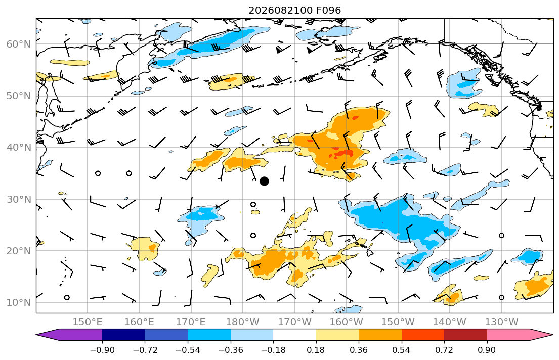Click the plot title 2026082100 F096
point(294,10)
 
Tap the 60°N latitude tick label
point(19,44)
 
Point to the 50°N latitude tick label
point(19,96)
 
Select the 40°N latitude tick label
point(19,148)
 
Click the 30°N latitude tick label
point(19,199)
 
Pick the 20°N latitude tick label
point(19,251)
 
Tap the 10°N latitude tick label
point(19,303)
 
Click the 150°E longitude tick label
point(88,322)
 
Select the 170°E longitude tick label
point(191,322)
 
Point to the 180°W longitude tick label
point(243,322)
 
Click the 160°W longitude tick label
point(346,322)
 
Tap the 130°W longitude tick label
point(502,322)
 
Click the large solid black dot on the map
point(264,182)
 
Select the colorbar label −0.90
point(102,350)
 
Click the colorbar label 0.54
point(402,350)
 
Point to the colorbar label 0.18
point(316,350)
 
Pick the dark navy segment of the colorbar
point(123,335)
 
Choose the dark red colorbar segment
point(465,335)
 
